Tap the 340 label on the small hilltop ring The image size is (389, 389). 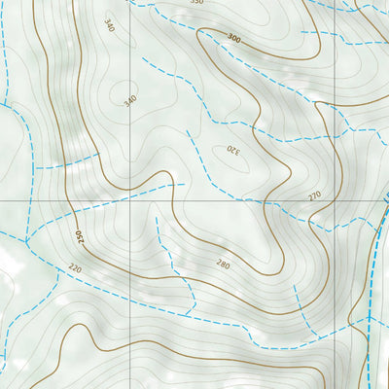click(x=129, y=101)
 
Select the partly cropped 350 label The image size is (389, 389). click(x=196, y=3)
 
